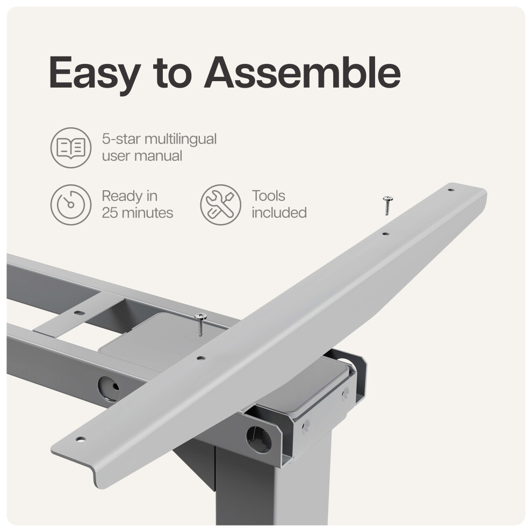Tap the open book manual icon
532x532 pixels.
pyautogui.click(x=71, y=148)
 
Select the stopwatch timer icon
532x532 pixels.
pyautogui.click(x=71, y=205)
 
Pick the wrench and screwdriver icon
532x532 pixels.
pyautogui.click(x=220, y=205)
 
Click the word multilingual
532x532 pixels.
pyautogui.click(x=181, y=139)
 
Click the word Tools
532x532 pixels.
pyautogui.click(x=268, y=196)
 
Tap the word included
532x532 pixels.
pyautogui.click(x=279, y=213)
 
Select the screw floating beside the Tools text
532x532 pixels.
pyautogui.click(x=387, y=205)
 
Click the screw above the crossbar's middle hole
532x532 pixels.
pyautogui.click(x=201, y=325)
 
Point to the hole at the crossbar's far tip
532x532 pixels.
pyautogui.click(x=450, y=190)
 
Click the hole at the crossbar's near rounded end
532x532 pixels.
pyautogui.click(x=80, y=439)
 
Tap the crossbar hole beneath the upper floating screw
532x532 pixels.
pyautogui.click(x=385, y=234)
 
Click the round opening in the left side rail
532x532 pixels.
pyautogui.click(x=109, y=387)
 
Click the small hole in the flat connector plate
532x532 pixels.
pyautogui.click(x=78, y=313)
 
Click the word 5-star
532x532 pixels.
pyautogui.click(x=121, y=139)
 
